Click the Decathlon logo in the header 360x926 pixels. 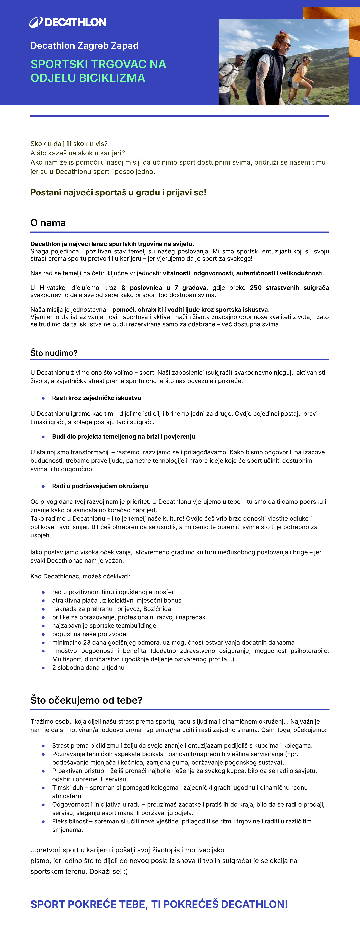tap(68, 22)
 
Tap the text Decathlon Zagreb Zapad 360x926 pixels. tap(84, 46)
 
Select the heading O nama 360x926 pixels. tap(48, 223)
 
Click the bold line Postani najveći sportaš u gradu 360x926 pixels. tap(118, 193)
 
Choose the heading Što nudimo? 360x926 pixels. tap(54, 353)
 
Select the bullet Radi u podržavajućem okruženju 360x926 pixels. tap(100, 486)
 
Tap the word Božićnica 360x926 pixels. tap(157, 609)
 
